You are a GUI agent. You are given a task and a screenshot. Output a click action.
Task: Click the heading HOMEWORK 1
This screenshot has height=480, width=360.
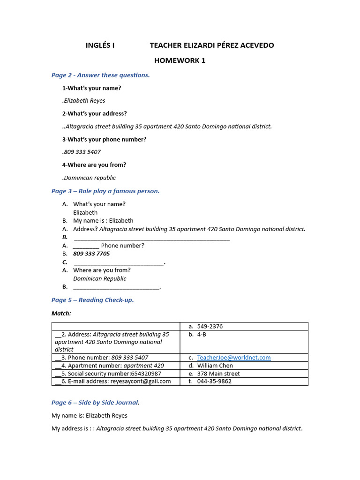[x=180, y=60]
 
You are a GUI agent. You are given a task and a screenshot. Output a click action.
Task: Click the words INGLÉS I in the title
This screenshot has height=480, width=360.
[x=100, y=45]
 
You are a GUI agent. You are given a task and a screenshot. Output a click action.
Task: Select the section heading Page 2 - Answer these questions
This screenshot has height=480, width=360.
[x=100, y=75]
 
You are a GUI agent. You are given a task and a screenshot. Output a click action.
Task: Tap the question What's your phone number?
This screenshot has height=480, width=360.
[x=104, y=139]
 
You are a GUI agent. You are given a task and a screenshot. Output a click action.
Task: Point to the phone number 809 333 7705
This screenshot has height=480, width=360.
[x=91, y=254]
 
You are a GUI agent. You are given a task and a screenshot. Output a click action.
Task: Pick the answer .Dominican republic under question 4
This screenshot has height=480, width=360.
[x=89, y=178]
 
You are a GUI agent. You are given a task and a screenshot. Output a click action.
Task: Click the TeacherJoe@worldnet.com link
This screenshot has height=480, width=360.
[x=233, y=358]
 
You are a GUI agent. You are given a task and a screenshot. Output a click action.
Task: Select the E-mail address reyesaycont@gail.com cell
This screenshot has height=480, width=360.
[x=115, y=382]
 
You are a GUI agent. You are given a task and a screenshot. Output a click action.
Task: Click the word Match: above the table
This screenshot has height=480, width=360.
[x=61, y=313]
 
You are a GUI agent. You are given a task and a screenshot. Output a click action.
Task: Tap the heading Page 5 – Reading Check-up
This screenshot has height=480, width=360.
[x=92, y=300]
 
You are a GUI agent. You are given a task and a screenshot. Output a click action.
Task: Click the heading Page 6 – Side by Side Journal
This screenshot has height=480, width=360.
[x=95, y=402]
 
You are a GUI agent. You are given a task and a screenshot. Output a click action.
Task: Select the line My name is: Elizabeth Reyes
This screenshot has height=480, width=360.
[x=89, y=415]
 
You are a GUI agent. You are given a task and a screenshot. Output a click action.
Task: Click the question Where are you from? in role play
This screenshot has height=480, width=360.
[x=102, y=270]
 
